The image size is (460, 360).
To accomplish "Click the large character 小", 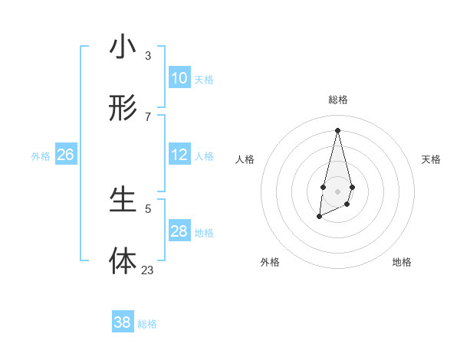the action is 123,47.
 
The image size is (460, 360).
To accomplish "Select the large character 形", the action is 123,109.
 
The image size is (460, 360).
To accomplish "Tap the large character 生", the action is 123,201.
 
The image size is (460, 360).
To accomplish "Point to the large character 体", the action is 123,261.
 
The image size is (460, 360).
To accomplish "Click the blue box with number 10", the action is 179,78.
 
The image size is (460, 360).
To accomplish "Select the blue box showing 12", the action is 179,155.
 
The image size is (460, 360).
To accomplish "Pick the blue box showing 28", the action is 179,231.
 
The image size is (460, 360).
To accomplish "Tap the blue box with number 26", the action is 65,155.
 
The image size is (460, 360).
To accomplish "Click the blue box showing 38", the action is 123,322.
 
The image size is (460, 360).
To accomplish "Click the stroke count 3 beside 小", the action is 148,55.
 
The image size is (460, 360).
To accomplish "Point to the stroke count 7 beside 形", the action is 148,116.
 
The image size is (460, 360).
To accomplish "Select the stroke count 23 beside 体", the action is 148,270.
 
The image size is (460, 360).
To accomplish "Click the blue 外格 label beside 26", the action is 41,155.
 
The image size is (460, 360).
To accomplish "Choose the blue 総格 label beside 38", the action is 147,324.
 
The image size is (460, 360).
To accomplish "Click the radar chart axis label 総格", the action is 338,100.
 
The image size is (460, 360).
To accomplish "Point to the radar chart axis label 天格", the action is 431,159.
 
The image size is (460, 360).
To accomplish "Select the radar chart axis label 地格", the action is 402,262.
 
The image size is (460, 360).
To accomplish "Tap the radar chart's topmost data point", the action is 337,130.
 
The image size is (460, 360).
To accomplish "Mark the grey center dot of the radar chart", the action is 337,190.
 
